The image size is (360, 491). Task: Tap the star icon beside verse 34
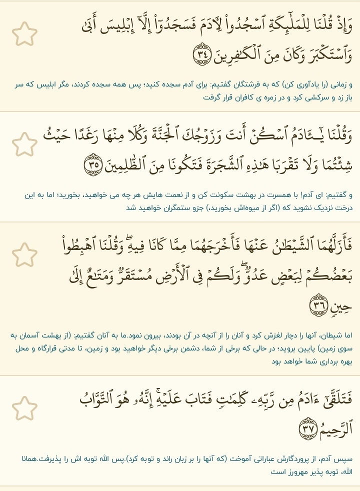[x=24, y=34]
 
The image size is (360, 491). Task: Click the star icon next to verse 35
[x=24, y=144]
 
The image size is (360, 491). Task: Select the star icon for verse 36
[x=24, y=254]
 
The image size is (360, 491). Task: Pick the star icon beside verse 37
[x=24, y=408]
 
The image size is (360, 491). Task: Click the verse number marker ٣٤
[x=202, y=53]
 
